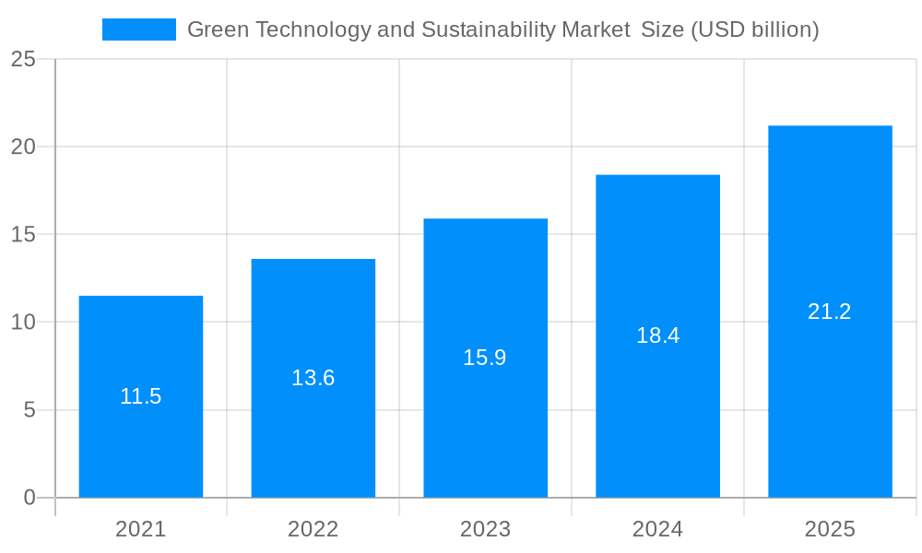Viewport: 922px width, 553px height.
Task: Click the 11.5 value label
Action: (x=140, y=396)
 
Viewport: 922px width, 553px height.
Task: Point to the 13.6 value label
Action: (x=313, y=378)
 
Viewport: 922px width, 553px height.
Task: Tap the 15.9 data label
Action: (x=485, y=358)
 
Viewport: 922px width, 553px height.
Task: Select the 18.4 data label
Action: (x=657, y=335)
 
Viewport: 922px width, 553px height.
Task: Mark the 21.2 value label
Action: (x=830, y=312)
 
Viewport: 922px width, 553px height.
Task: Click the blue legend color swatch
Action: (x=138, y=29)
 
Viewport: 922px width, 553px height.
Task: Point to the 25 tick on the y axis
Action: (x=23, y=59)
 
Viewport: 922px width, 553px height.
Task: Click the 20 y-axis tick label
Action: (x=23, y=147)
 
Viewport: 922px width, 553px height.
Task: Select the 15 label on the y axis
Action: (x=23, y=234)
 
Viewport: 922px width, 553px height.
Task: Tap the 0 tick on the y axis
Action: (x=29, y=498)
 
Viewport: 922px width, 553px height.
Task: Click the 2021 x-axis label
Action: (x=140, y=529)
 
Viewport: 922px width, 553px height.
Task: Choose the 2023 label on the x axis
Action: (x=485, y=529)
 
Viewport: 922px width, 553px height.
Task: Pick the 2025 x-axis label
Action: (x=830, y=529)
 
